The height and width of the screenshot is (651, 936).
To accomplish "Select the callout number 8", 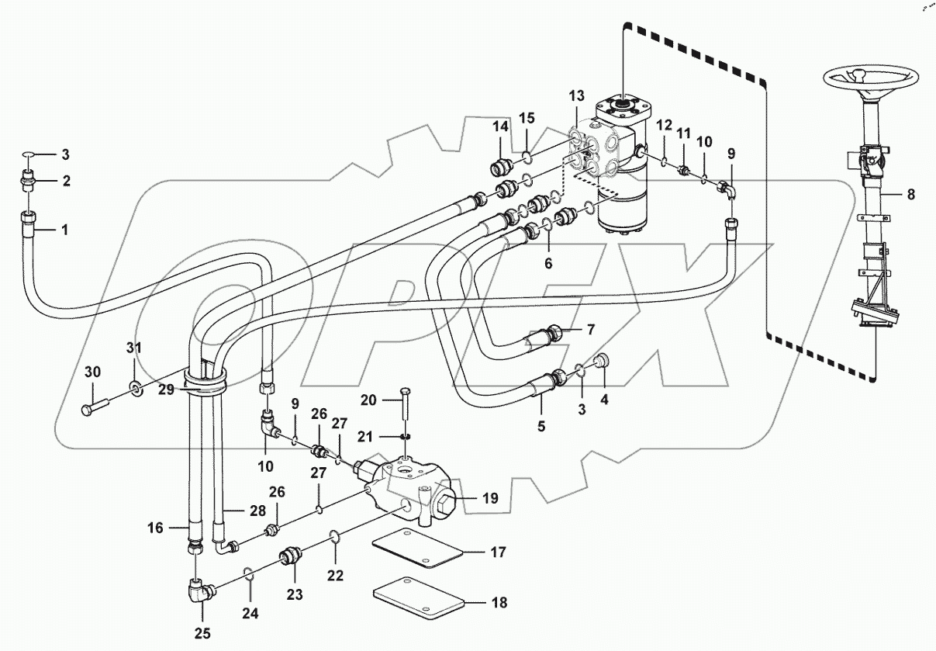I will [x=910, y=195].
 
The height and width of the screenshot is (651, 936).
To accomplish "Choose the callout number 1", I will [x=64, y=230].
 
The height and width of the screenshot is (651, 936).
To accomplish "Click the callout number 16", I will [x=155, y=528].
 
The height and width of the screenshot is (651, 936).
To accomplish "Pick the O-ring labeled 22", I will [x=333, y=536].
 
